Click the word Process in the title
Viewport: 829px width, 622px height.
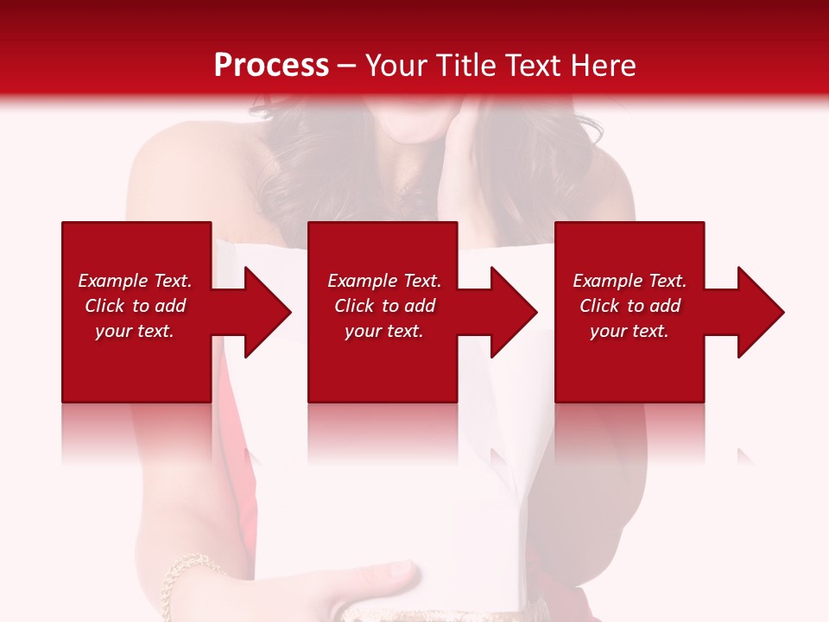[271, 66]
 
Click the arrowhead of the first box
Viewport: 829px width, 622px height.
[268, 312]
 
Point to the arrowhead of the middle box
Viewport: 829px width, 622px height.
[515, 312]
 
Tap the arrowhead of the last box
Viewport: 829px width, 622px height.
[761, 312]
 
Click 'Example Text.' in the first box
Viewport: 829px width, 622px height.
[135, 281]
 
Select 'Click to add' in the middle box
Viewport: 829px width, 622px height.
[384, 306]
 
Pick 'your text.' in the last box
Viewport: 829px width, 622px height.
[630, 331]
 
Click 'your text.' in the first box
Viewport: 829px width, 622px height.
[135, 331]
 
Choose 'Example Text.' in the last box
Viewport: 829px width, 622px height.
[630, 281]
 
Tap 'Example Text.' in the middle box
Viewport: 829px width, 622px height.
[384, 281]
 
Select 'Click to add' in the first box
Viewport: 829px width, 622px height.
[135, 306]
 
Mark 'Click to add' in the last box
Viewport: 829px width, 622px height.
[630, 306]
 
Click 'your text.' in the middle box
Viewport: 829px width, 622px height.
[384, 331]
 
